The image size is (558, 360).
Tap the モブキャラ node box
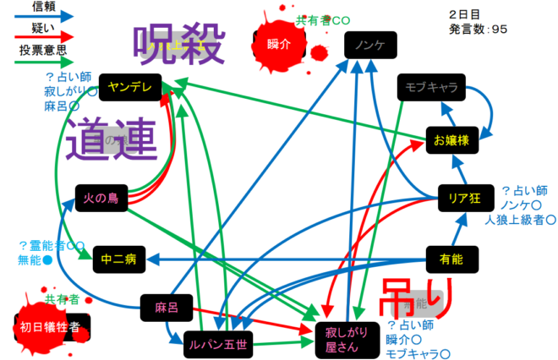(x=426, y=87)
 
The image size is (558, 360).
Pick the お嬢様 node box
(x=452, y=139)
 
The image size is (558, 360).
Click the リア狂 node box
(x=464, y=199)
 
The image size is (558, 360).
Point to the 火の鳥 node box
(x=101, y=199)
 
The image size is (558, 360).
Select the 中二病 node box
(x=119, y=259)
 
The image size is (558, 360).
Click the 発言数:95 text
(x=479, y=30)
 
